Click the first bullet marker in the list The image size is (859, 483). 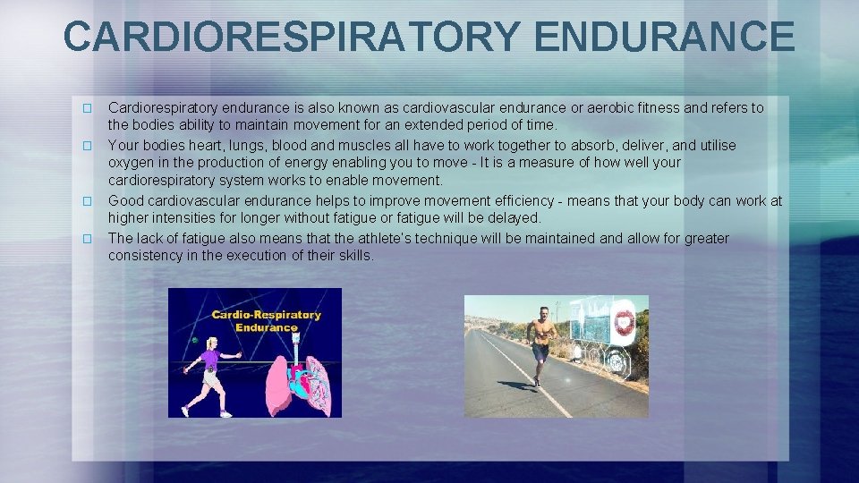pos(87,108)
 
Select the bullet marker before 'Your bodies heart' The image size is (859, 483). pos(87,145)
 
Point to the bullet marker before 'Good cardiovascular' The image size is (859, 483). pos(87,201)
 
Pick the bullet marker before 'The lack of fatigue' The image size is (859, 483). pos(87,239)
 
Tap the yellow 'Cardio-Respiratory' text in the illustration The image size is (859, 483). pos(266,315)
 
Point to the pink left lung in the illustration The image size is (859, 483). pos(279,386)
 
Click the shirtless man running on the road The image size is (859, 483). pos(540,343)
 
